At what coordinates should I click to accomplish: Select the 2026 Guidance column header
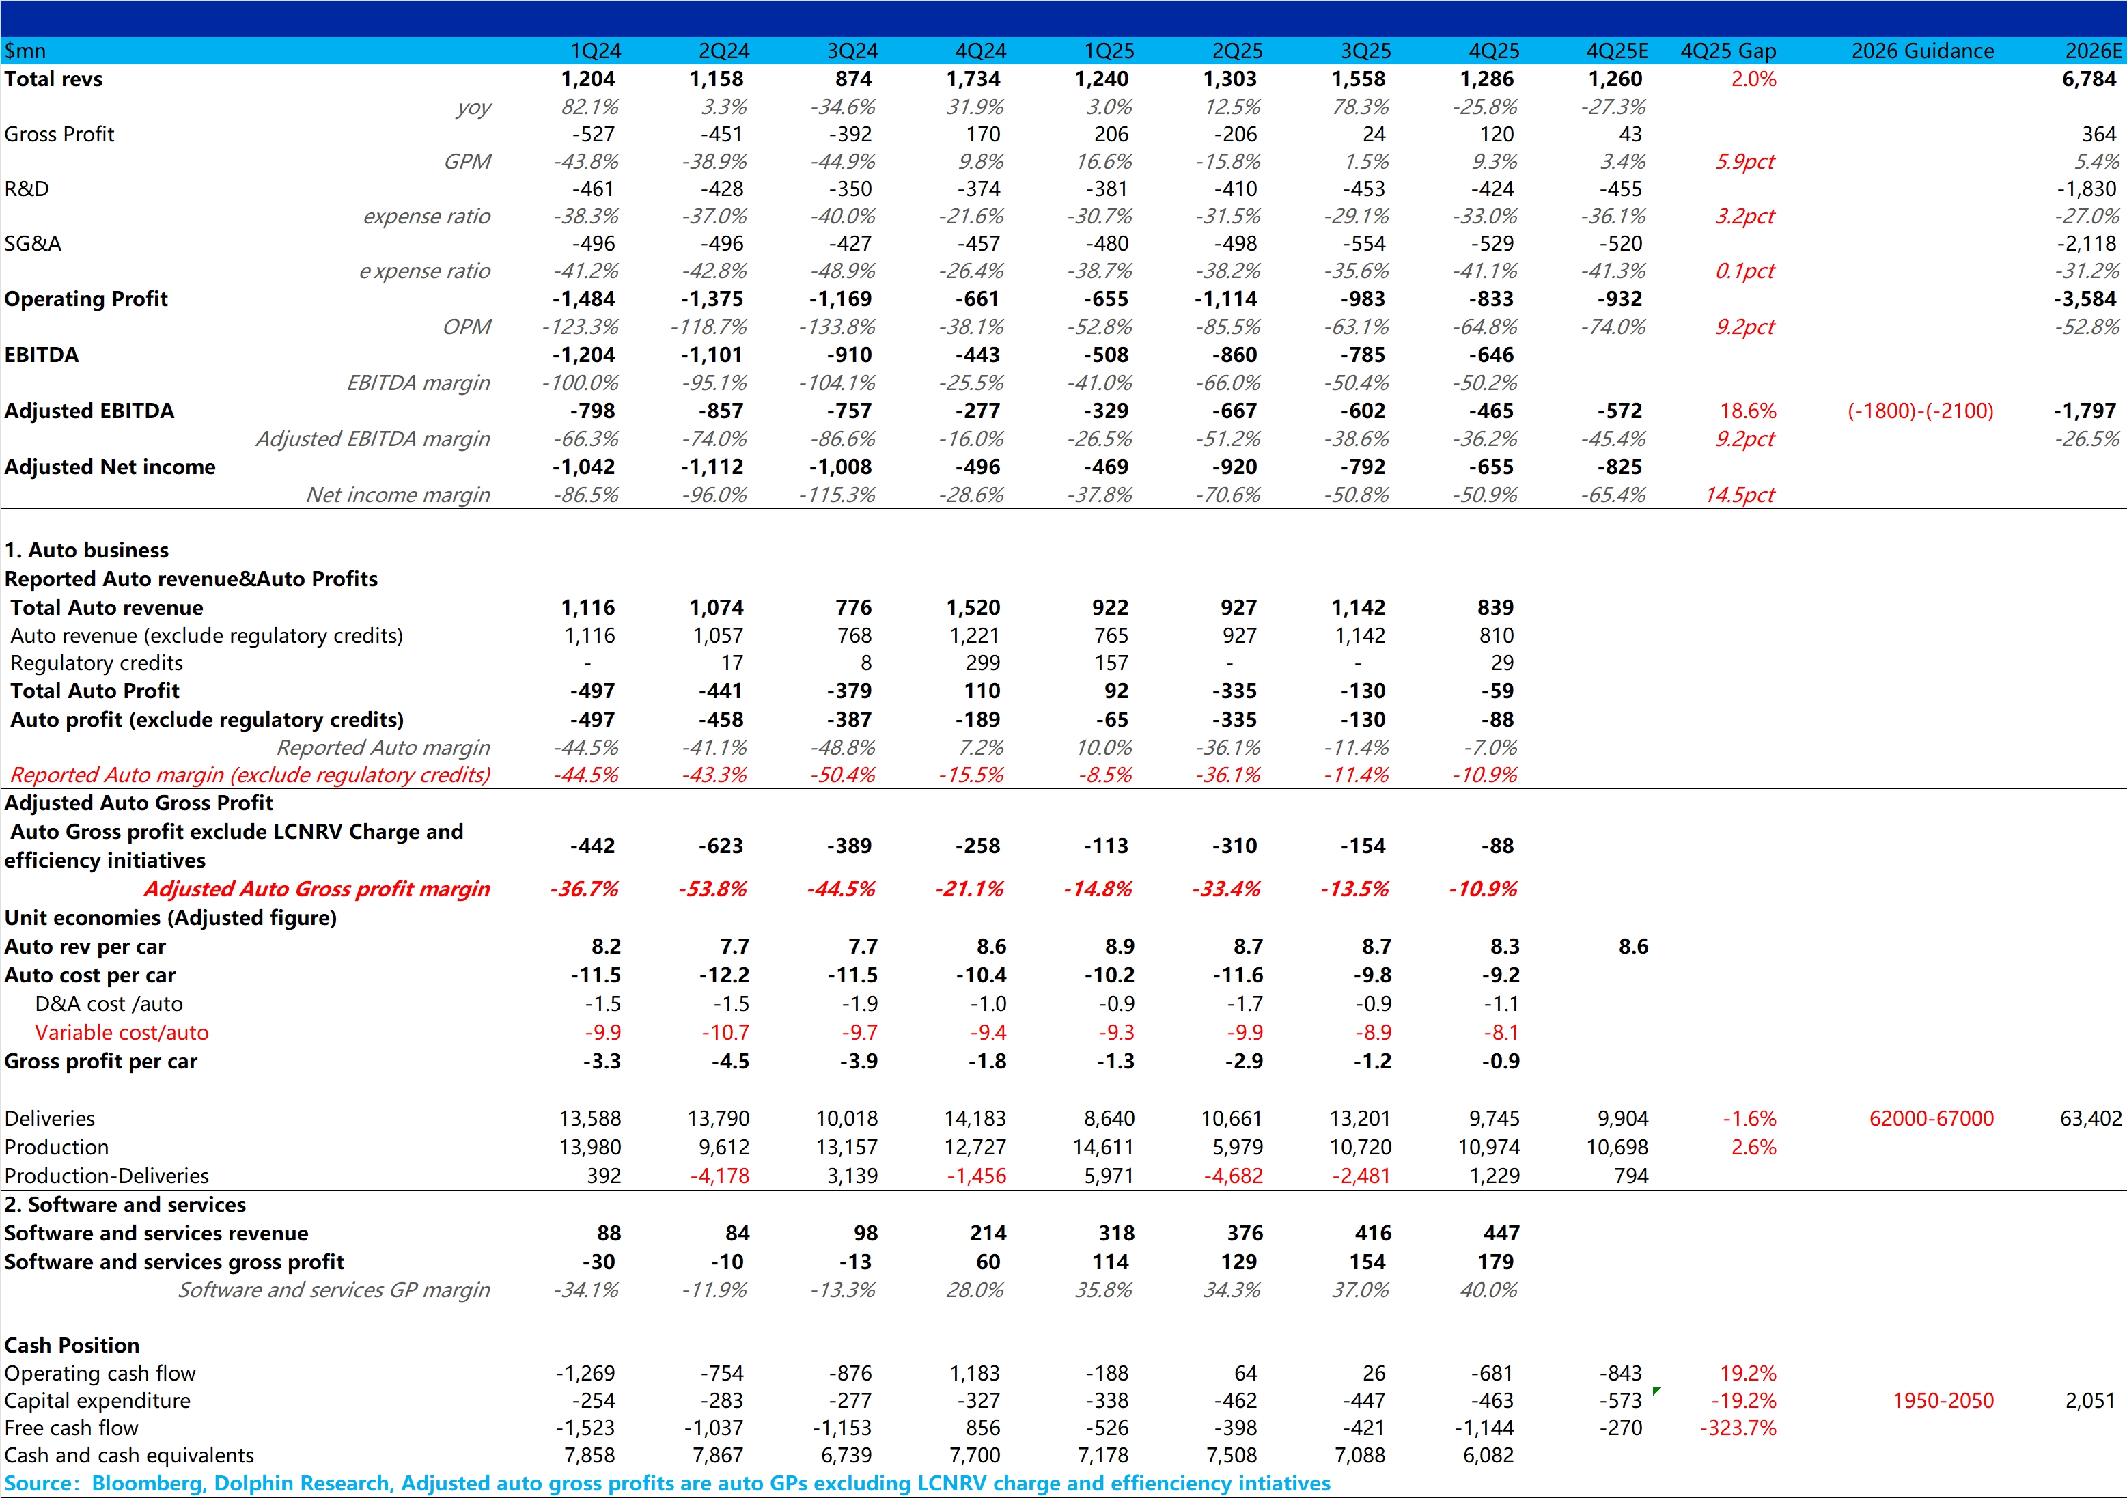[x=1922, y=51]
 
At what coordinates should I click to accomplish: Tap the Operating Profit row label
[x=86, y=299]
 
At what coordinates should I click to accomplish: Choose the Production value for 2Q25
[x=1238, y=1147]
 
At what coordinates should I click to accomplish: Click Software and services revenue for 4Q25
[x=1501, y=1233]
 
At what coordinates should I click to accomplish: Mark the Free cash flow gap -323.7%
[x=1737, y=1428]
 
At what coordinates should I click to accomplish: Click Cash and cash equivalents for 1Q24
[x=589, y=1456]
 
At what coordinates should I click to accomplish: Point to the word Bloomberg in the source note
[x=146, y=1483]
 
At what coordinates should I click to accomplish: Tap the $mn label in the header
[x=25, y=51]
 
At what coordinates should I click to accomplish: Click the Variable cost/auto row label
[x=122, y=1032]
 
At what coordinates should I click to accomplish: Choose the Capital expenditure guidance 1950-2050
[x=1943, y=1401]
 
